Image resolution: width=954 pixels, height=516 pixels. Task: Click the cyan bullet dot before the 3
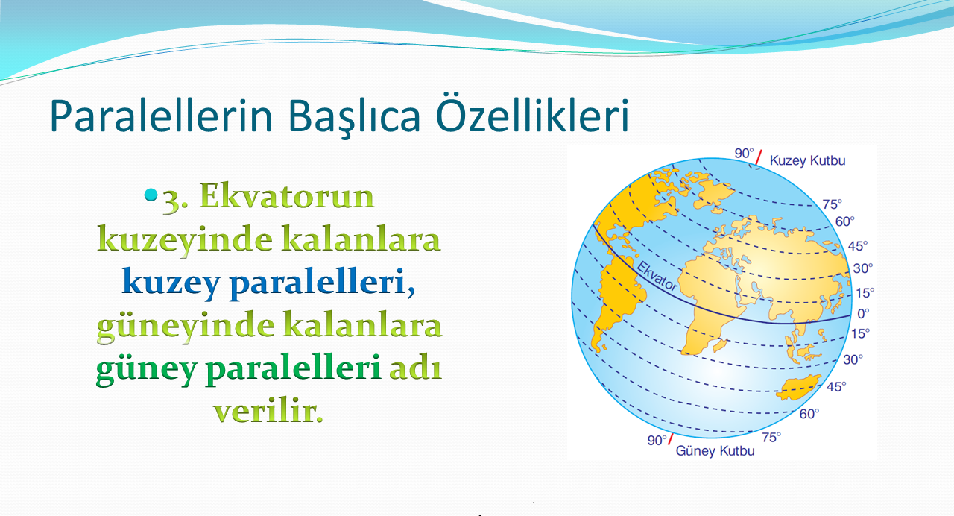point(151,195)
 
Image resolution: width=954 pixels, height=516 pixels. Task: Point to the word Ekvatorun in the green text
point(287,195)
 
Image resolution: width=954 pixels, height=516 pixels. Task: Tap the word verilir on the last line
point(268,412)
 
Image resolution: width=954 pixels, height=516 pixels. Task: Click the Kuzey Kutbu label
point(807,160)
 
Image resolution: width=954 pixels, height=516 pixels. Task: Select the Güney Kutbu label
point(715,451)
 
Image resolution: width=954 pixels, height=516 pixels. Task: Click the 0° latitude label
point(863,314)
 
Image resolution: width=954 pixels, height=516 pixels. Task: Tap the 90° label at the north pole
point(744,154)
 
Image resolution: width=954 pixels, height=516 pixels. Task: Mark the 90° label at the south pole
point(657,440)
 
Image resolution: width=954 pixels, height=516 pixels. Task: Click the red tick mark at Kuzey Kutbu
point(759,157)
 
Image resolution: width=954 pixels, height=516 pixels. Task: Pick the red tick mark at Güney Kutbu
point(670,439)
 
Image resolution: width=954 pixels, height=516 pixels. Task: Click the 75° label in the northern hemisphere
point(833,204)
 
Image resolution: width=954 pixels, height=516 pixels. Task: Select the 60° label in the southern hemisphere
point(809,414)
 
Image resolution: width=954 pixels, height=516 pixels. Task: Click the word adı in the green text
point(415,368)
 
